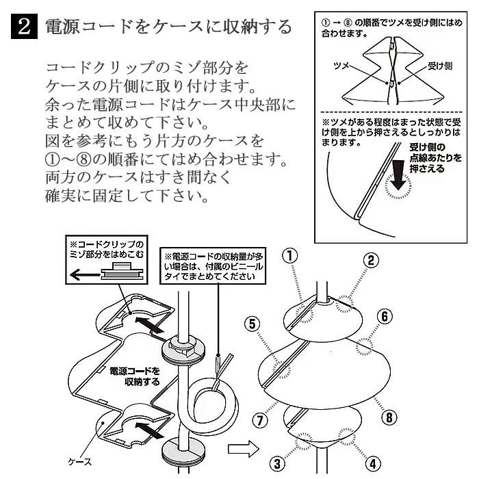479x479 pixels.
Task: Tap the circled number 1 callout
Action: point(291,255)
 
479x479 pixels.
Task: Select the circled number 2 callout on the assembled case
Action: point(371,259)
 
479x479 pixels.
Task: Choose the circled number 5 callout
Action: point(254,323)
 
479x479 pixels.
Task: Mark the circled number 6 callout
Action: point(385,316)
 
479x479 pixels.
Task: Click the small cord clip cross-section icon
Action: point(121,274)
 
